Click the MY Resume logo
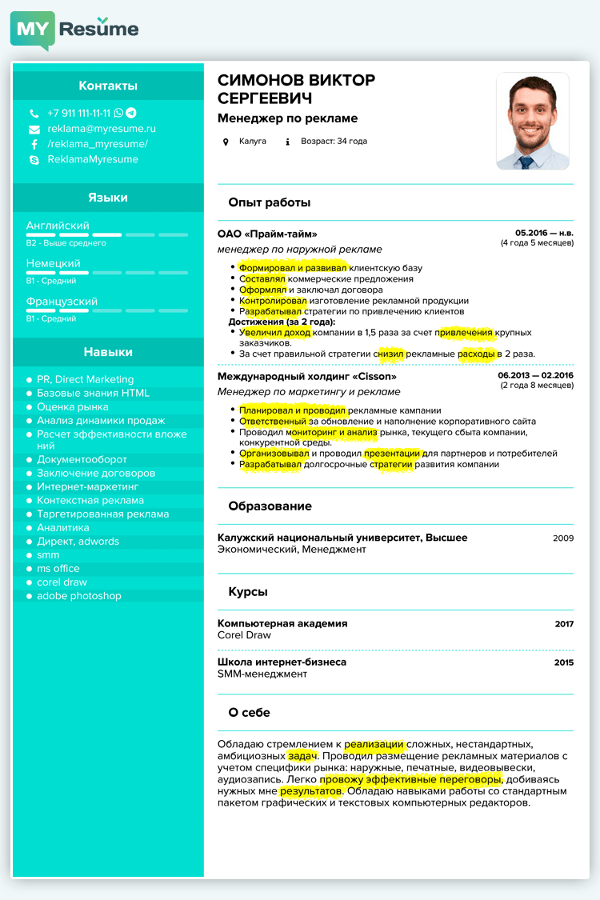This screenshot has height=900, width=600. pos(74,30)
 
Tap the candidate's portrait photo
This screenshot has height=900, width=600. pos(532,121)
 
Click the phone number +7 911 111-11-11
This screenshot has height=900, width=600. pos(78,114)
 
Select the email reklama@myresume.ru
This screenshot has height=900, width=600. pos(101,129)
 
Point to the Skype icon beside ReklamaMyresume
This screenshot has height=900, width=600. pos(34,160)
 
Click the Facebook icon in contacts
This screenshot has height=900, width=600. pos(34,145)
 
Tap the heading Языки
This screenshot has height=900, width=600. pos(108,198)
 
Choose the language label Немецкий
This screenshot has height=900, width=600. pos(53,264)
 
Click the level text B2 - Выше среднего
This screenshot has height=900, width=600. pos(66,243)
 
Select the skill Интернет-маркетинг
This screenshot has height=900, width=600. pos(88,486)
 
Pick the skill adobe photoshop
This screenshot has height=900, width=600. pos(79,596)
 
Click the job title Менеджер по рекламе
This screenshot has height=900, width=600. pos(287,118)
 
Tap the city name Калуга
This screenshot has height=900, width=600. pos(252,142)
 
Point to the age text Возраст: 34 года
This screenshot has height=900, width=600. pos(334,142)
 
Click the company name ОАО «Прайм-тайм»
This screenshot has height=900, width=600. pos(267,234)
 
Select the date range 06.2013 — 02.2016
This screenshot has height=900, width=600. pos(535,375)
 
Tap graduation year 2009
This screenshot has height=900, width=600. pos(563,538)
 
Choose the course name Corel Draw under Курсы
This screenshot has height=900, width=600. pos(244,635)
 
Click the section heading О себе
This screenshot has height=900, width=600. pos(249,713)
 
